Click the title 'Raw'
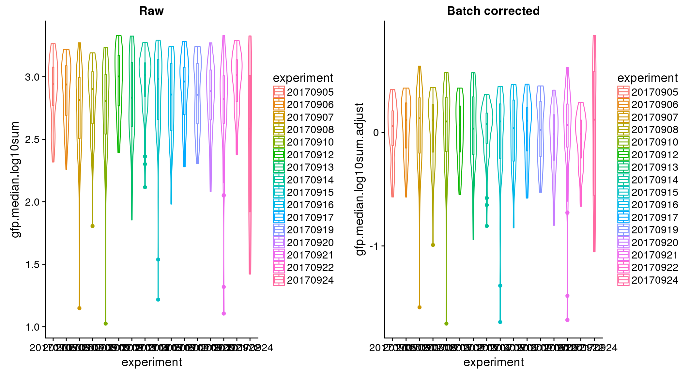[x=151, y=11]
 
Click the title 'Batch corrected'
[x=493, y=11]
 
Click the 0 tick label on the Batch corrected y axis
[x=376, y=133]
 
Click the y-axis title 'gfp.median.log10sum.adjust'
[x=360, y=180]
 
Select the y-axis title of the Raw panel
[x=15, y=180]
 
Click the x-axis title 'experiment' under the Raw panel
[x=152, y=362]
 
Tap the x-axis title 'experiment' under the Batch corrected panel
[x=493, y=362]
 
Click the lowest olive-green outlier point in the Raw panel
[x=105, y=323]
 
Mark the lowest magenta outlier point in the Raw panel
[x=224, y=313]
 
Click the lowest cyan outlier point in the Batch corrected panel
[x=500, y=322]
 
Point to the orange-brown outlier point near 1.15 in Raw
[x=79, y=308]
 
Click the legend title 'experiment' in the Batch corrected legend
[x=648, y=78]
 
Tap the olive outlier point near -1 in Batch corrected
[x=433, y=245]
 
